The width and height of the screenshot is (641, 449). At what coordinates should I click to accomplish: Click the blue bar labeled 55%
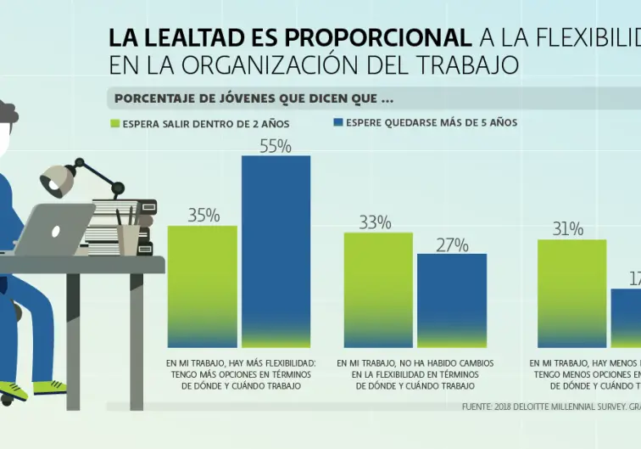pyautogui.click(x=276, y=250)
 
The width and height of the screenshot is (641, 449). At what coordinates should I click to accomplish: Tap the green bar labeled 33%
pyautogui.click(x=377, y=289)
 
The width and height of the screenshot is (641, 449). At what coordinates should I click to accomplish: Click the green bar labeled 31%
pyautogui.click(x=571, y=293)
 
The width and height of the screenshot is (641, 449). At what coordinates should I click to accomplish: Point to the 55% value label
pyautogui.click(x=276, y=146)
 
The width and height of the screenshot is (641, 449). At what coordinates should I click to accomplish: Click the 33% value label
pyautogui.click(x=375, y=222)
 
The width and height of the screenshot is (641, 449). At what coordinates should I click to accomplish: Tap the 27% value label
pyautogui.click(x=452, y=245)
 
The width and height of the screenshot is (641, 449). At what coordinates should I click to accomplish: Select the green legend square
pyautogui.click(x=115, y=124)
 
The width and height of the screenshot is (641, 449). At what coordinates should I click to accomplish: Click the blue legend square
pyautogui.click(x=338, y=123)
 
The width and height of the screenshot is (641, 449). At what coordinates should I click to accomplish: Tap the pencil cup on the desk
pyautogui.click(x=128, y=238)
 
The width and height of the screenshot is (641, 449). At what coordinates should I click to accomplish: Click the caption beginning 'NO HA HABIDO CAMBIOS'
pyautogui.click(x=415, y=374)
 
